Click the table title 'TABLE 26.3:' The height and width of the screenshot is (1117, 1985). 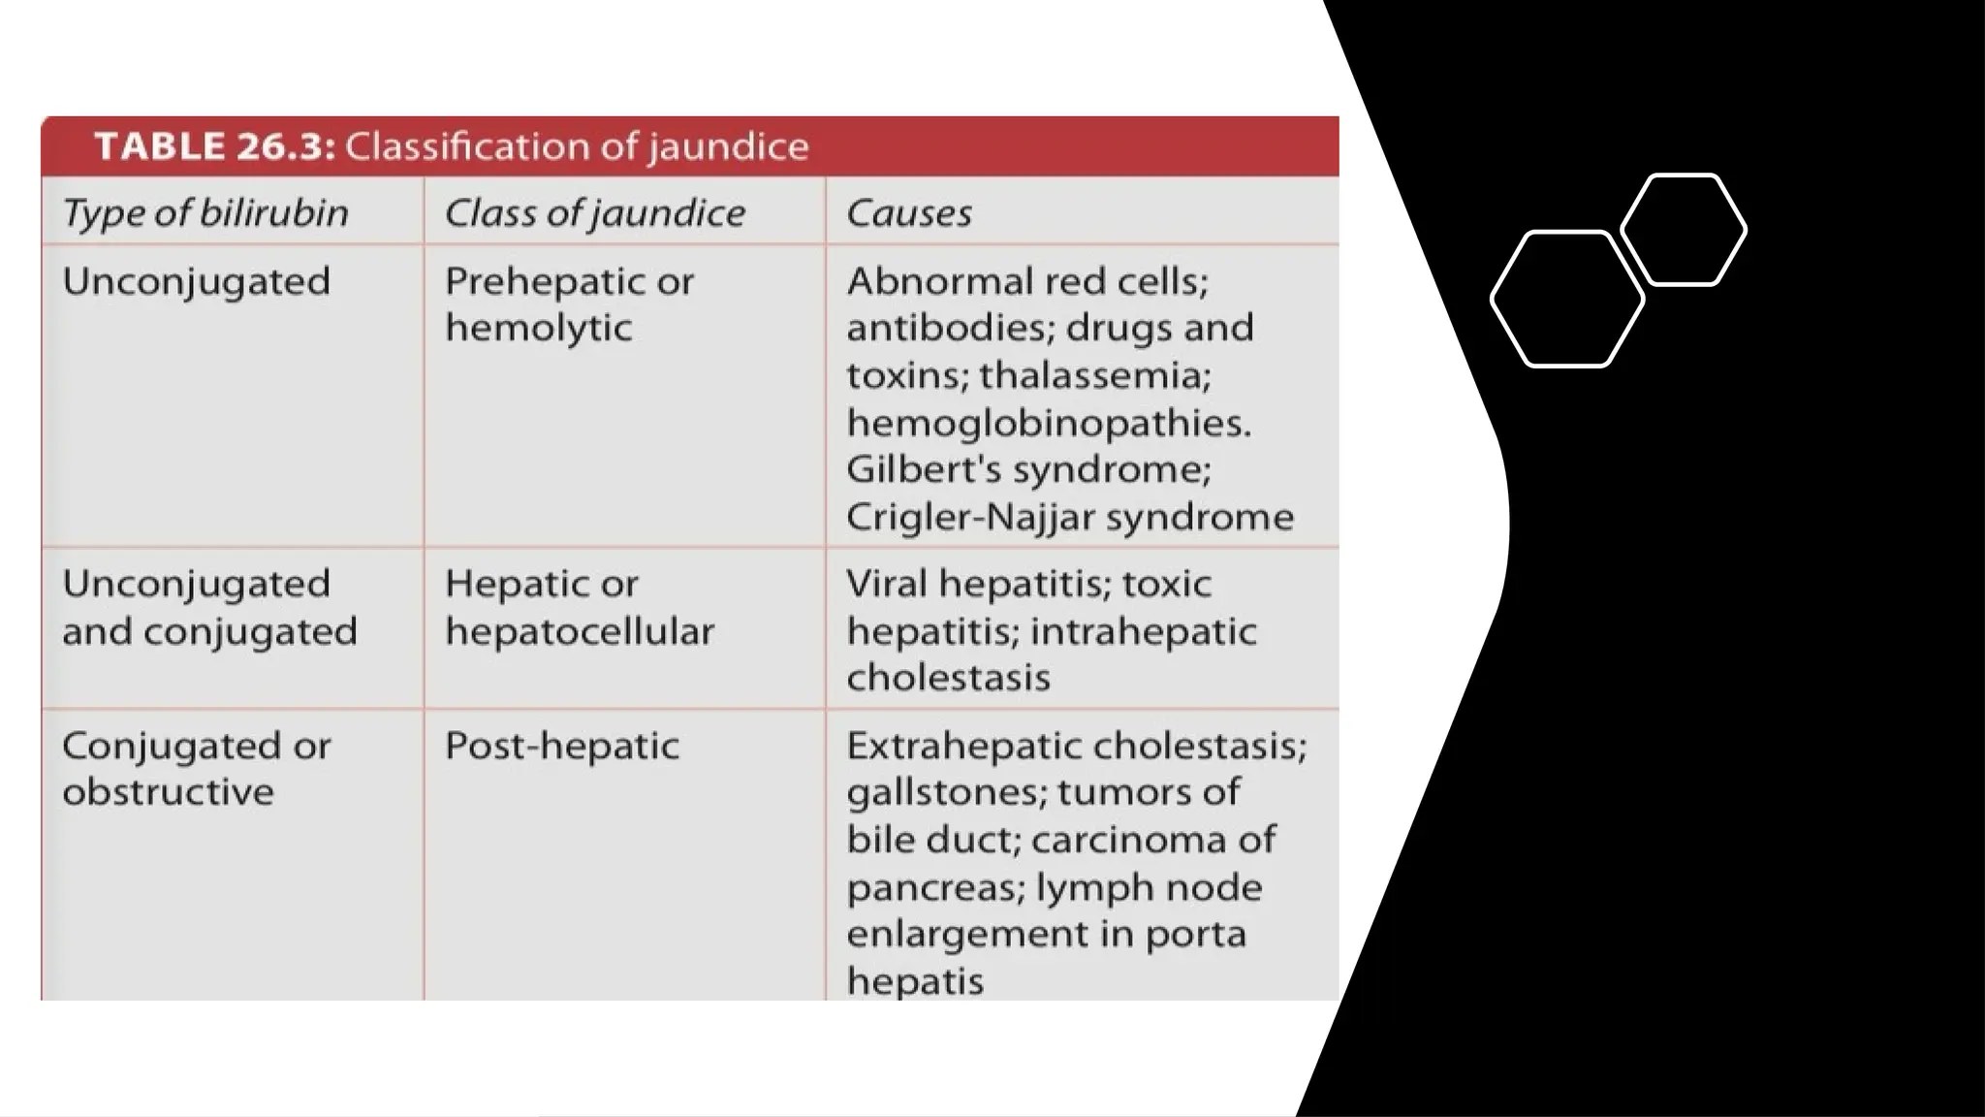214,146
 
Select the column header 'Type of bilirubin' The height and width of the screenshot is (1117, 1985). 205,213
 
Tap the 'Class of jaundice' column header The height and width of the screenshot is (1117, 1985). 594,213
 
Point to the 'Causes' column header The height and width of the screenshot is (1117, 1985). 908,213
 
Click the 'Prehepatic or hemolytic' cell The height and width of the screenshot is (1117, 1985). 569,304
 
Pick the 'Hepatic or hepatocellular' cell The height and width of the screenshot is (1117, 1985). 579,607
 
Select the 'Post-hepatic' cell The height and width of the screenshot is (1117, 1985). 561,746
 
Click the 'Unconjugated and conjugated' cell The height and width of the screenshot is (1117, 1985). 209,607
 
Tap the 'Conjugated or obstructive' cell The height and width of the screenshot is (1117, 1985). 196,768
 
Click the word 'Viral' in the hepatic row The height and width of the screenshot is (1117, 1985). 886,584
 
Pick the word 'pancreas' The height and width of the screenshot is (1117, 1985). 932,887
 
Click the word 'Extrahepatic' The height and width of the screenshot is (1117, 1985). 963,746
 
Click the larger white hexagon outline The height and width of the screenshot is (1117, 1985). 1566,300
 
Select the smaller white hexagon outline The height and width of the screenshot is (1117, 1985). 1684,231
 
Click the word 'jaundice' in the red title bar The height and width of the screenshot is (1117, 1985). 728,146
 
